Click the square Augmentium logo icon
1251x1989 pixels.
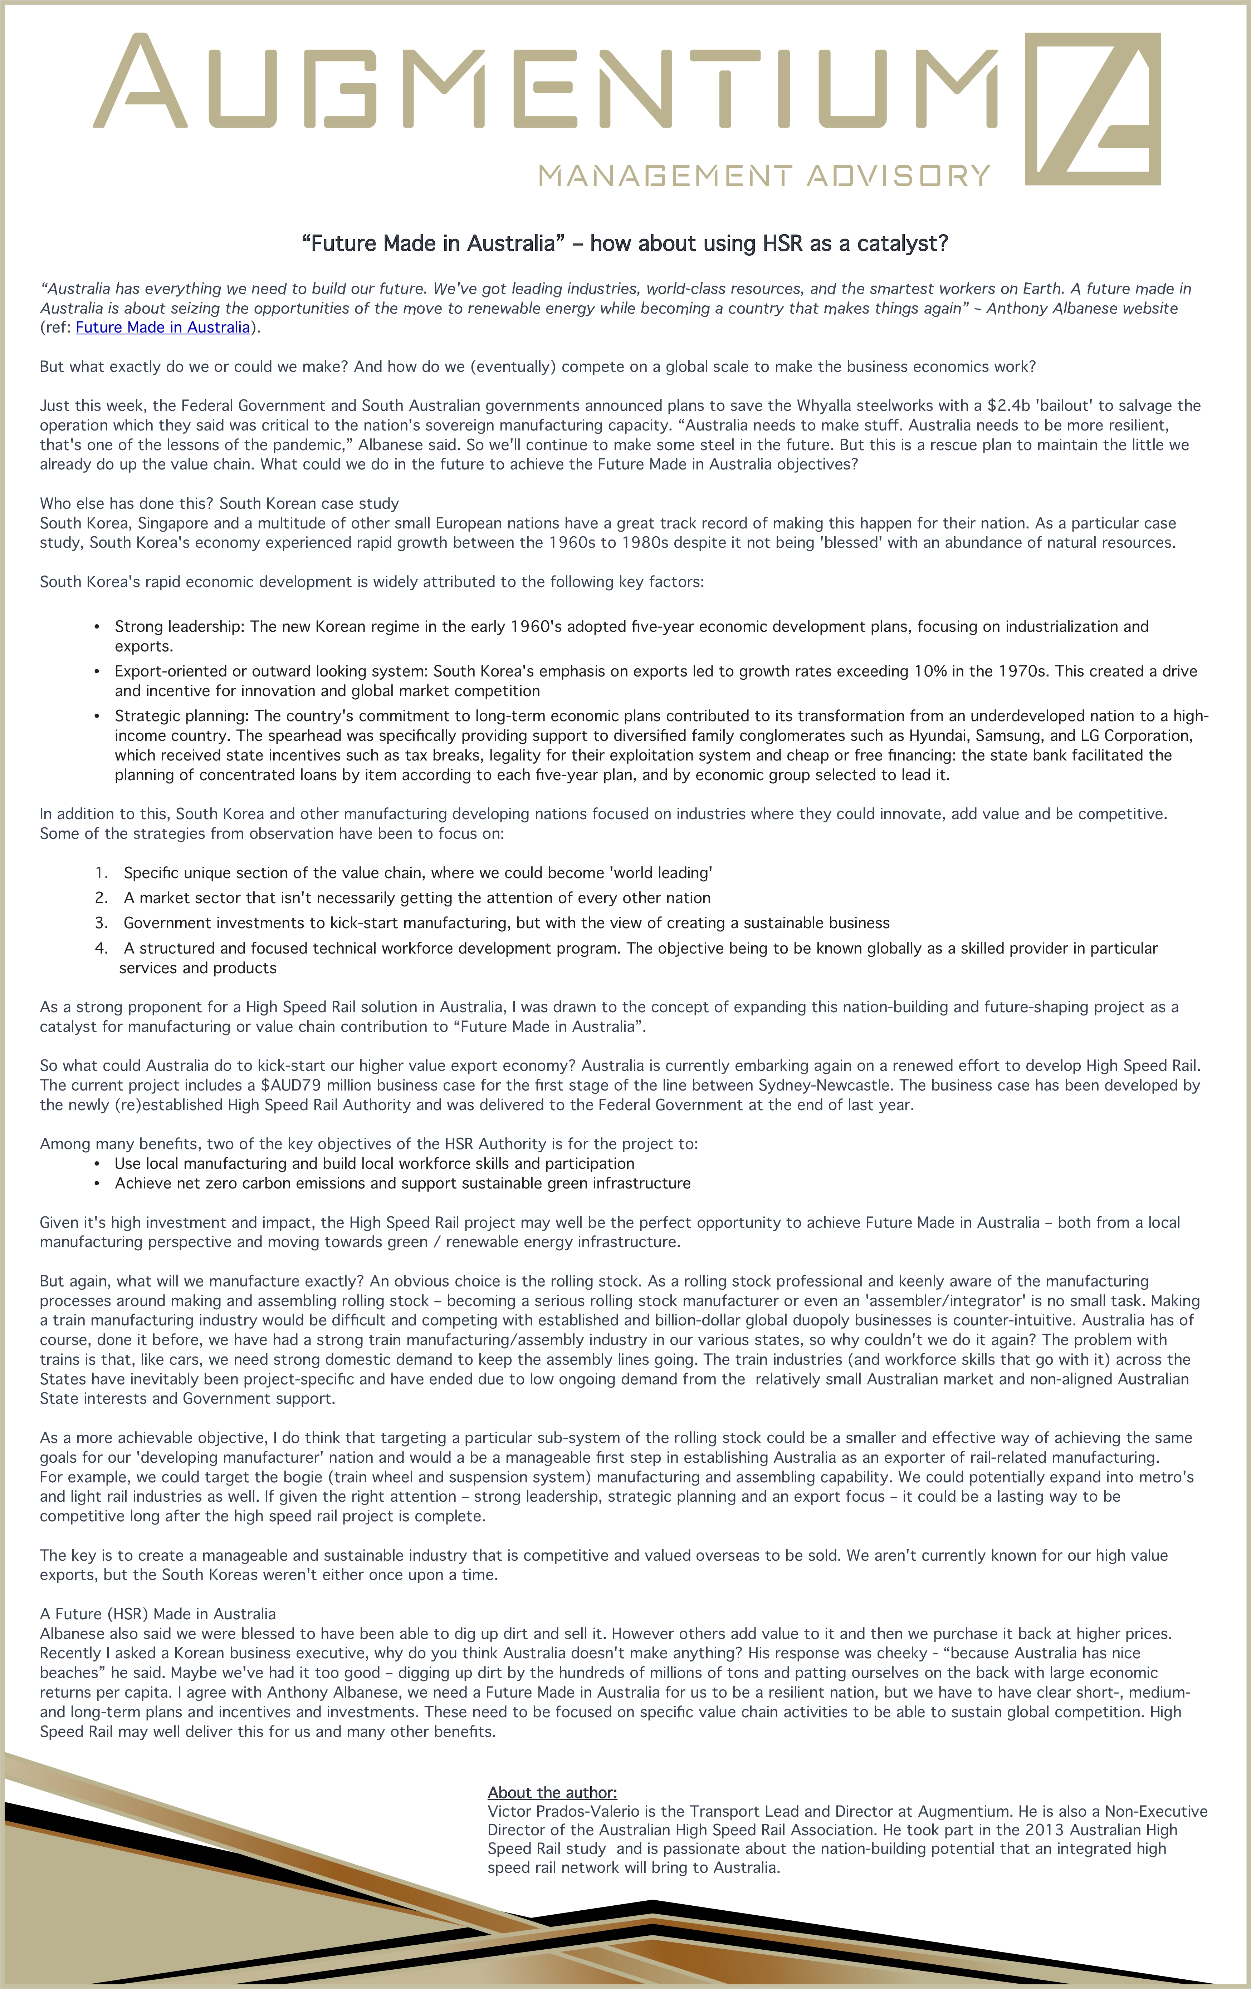tap(1093, 109)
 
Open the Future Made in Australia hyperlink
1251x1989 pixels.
tap(163, 327)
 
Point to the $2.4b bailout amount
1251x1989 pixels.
tap(1008, 405)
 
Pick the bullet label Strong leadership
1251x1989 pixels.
tap(179, 626)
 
